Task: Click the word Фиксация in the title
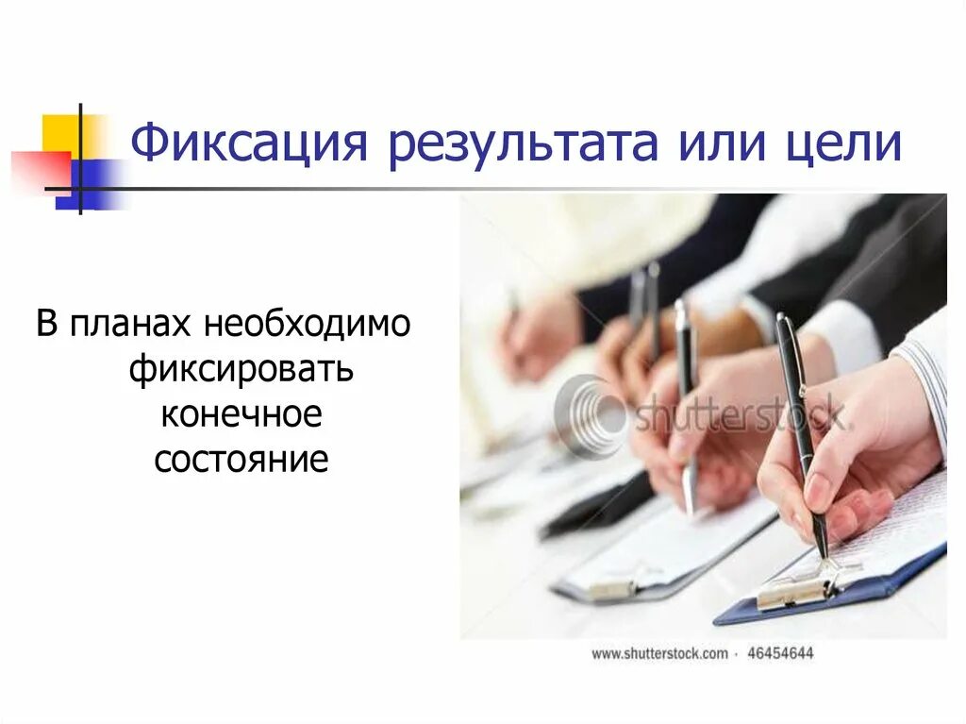pos(246,146)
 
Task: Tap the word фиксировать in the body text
pos(241,370)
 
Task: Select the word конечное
pos(241,415)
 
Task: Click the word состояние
pos(241,461)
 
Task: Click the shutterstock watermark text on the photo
pos(741,413)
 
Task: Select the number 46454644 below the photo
pos(780,652)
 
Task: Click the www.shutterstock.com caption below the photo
pos(659,652)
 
